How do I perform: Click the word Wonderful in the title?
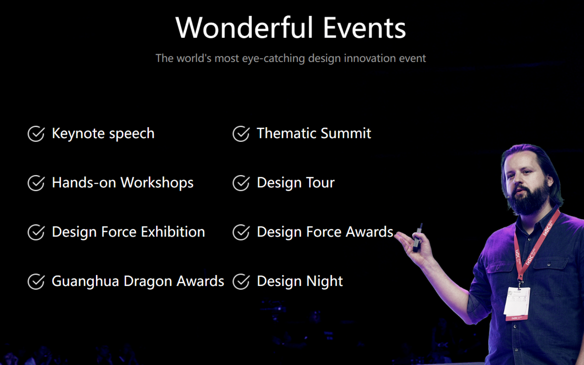(x=244, y=28)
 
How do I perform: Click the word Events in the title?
(x=364, y=28)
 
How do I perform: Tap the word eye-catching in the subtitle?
(x=274, y=58)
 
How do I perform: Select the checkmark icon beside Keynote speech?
(x=36, y=134)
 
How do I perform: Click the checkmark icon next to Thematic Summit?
(x=241, y=134)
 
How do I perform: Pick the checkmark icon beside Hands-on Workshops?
(x=36, y=183)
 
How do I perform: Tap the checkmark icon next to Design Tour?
(x=241, y=183)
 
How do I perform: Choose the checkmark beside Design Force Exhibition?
(x=36, y=232)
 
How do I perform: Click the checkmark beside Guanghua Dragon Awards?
(x=36, y=281)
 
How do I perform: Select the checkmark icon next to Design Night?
(x=241, y=281)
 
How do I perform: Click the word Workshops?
(x=157, y=183)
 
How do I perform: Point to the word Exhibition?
(x=173, y=232)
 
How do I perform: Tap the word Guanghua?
(x=85, y=281)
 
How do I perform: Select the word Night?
(x=325, y=281)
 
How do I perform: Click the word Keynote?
(x=79, y=134)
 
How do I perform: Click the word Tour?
(x=320, y=183)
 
